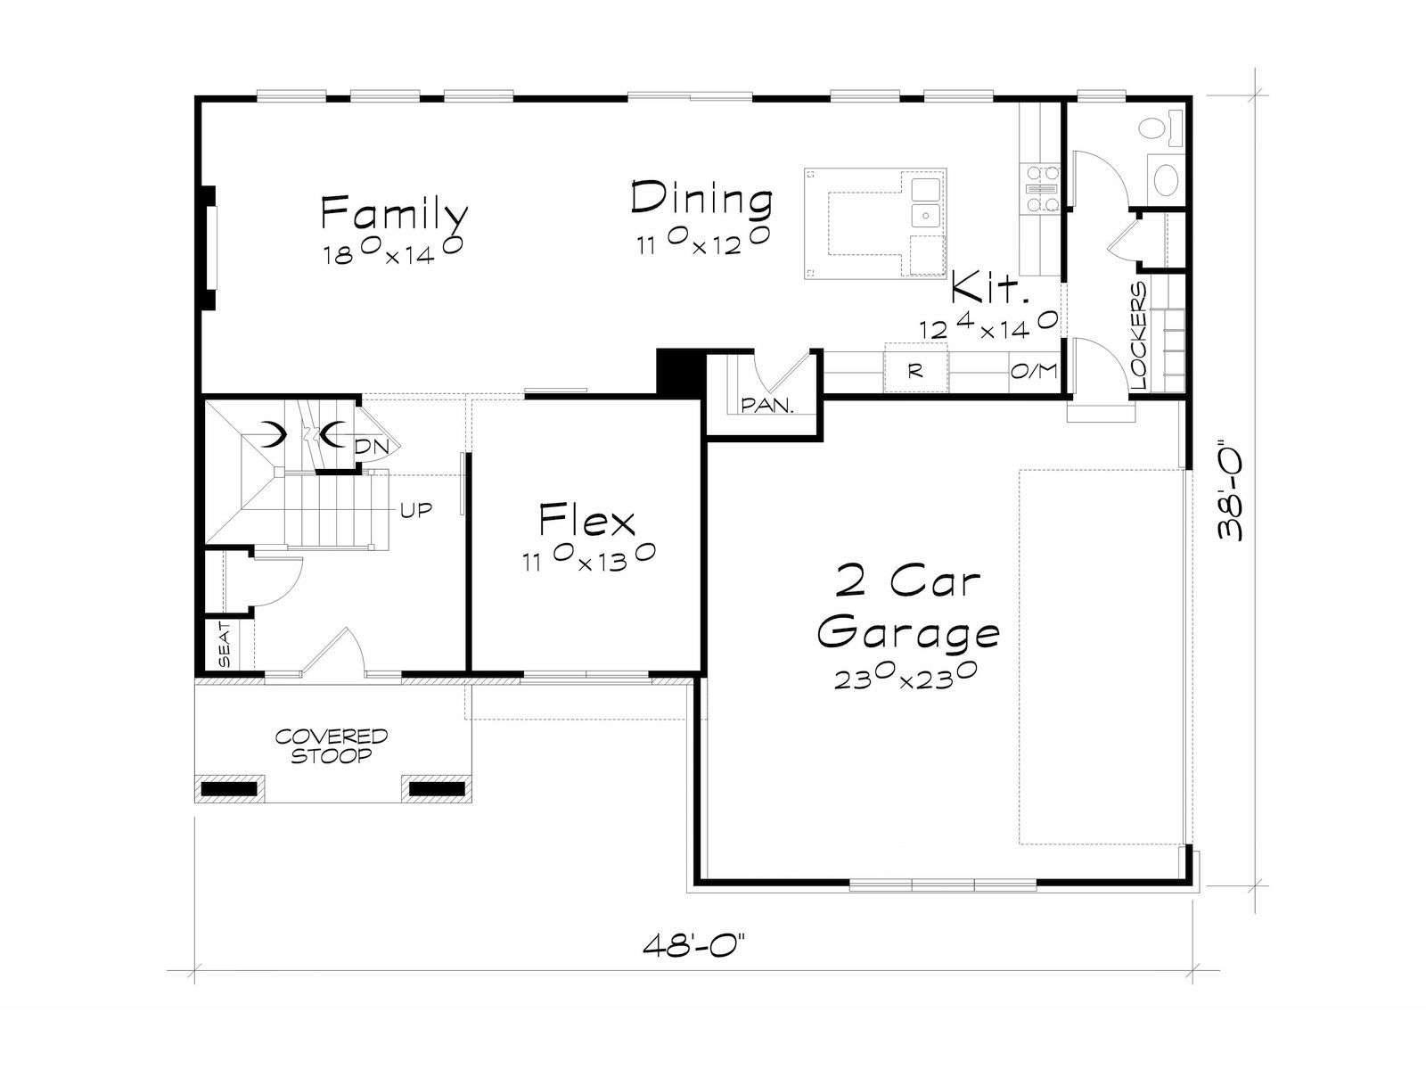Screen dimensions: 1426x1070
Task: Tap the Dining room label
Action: click(701, 198)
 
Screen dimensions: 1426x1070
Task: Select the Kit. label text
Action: click(990, 288)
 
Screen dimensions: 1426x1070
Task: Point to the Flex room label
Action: click(586, 520)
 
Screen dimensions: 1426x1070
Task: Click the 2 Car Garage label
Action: click(907, 607)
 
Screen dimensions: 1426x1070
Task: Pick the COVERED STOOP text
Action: click(332, 745)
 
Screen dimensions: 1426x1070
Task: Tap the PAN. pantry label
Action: click(767, 406)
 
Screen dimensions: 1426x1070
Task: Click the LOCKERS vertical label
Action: click(1139, 336)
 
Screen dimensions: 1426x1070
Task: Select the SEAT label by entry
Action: click(225, 645)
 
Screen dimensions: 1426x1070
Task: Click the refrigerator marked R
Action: click(915, 371)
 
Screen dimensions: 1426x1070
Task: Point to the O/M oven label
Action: click(1034, 371)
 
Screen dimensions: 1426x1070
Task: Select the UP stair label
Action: click(416, 510)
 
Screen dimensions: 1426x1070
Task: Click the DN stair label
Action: click(371, 447)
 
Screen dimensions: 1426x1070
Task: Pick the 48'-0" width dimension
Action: click(693, 945)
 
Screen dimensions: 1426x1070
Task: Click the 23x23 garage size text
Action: click(906, 678)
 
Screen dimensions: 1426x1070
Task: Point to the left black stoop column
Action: click(229, 789)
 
